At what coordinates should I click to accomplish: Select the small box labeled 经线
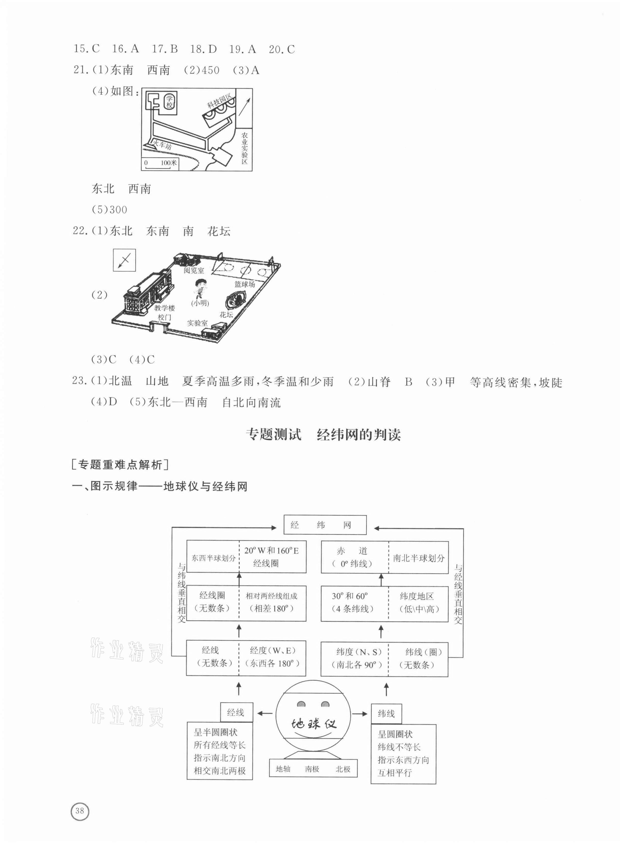236,713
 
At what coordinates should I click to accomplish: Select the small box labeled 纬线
386,713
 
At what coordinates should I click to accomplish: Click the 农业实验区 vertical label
245,148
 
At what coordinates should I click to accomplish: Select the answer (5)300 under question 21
109,210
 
